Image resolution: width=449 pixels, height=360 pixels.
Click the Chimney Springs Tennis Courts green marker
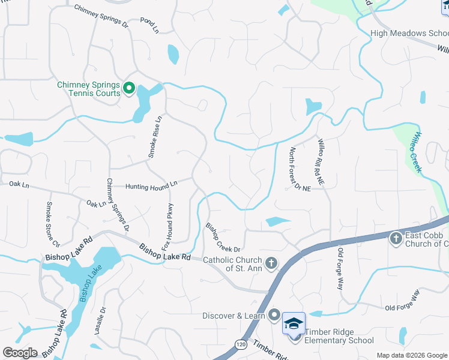point(128,89)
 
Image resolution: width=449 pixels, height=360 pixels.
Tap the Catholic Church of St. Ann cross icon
point(271,263)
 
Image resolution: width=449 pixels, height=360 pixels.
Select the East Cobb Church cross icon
point(396,238)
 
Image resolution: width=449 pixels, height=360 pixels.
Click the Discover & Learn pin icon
point(274,314)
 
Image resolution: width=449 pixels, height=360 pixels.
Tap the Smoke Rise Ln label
point(155,137)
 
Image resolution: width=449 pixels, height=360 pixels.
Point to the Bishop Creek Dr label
point(223,238)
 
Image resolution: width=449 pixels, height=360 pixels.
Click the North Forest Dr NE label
point(300,169)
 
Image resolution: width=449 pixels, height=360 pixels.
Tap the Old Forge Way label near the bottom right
point(402,301)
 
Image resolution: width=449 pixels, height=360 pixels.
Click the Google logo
point(20,352)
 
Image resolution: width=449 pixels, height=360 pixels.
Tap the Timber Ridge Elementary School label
point(339,336)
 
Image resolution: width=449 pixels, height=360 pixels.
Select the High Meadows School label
point(409,34)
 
